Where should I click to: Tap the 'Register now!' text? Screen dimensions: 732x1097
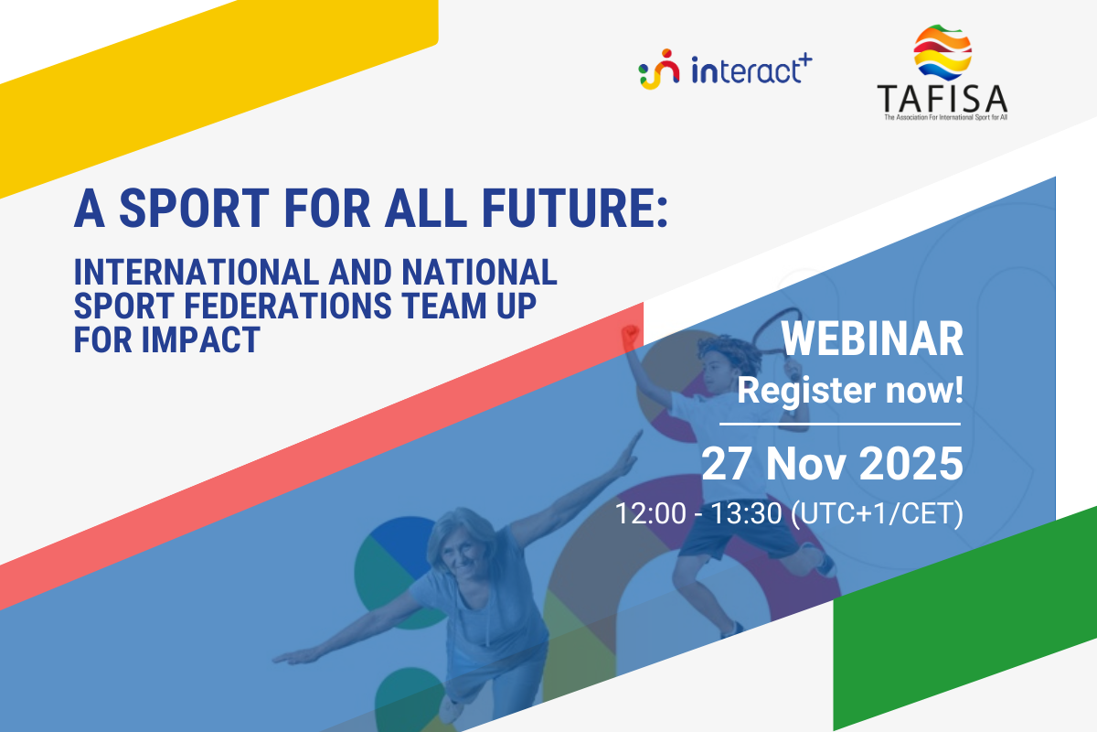coord(850,392)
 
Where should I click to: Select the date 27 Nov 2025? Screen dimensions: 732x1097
coord(832,464)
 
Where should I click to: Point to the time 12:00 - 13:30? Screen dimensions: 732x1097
coord(698,513)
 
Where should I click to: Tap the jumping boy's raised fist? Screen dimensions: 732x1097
coord(629,335)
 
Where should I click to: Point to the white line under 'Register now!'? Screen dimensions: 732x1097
coord(840,425)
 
